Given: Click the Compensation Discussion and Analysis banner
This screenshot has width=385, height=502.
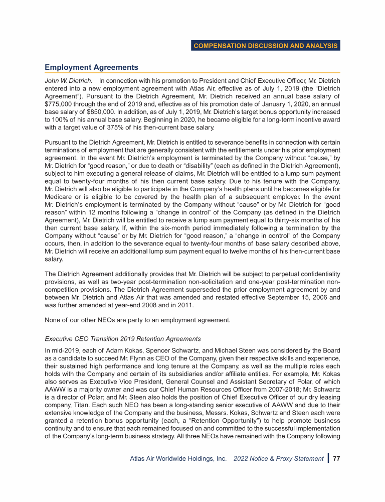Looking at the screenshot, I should [x=266, y=46].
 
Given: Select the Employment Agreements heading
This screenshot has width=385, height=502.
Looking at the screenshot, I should [x=91, y=67].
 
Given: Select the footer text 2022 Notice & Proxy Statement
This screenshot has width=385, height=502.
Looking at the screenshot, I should [x=279, y=458].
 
